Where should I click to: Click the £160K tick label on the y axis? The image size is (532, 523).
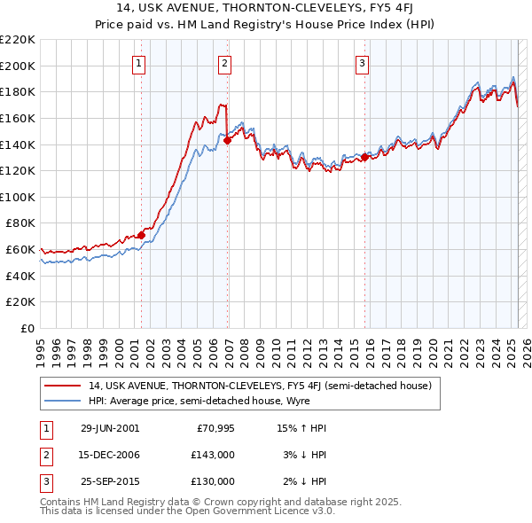tap(19, 118)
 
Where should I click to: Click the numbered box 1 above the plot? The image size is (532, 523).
tap(140, 63)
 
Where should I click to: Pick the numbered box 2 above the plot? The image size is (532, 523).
tap(225, 63)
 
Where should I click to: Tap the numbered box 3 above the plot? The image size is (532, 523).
tap(363, 63)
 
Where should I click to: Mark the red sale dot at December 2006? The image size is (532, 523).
tap(227, 140)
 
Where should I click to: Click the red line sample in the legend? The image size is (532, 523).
tap(63, 386)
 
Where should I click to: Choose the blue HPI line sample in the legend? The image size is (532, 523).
tap(63, 401)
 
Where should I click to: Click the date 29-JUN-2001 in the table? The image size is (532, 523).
tap(110, 428)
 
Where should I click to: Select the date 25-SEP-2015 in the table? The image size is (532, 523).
tap(110, 481)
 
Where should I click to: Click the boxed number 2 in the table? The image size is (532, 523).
tap(45, 455)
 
